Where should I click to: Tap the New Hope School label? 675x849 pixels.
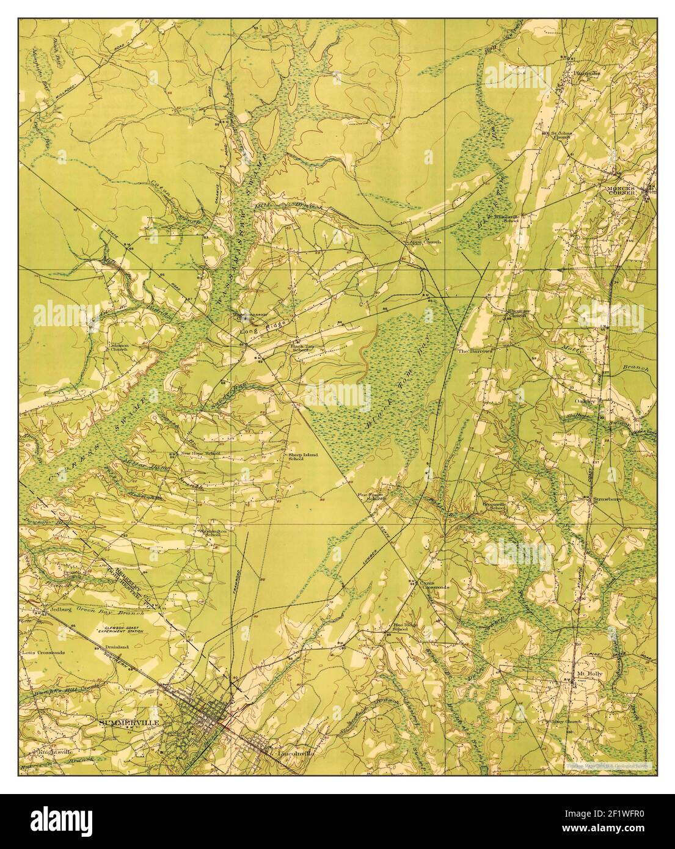199,454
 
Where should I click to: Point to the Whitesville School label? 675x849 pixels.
502,217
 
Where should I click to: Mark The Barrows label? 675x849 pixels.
471,352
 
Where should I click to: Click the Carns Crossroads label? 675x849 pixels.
434,585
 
